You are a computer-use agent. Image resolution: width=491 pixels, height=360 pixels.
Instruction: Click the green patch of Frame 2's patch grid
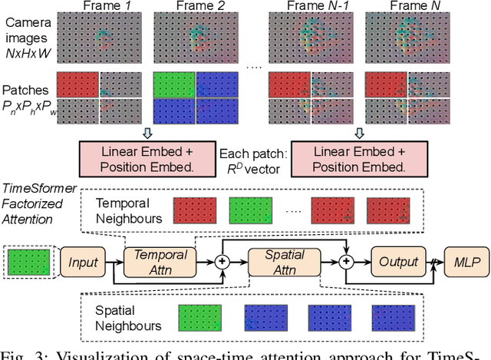click(173, 84)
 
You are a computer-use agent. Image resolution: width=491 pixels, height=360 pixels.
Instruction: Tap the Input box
click(83, 263)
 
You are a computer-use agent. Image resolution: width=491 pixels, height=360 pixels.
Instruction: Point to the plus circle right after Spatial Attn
click(346, 263)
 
